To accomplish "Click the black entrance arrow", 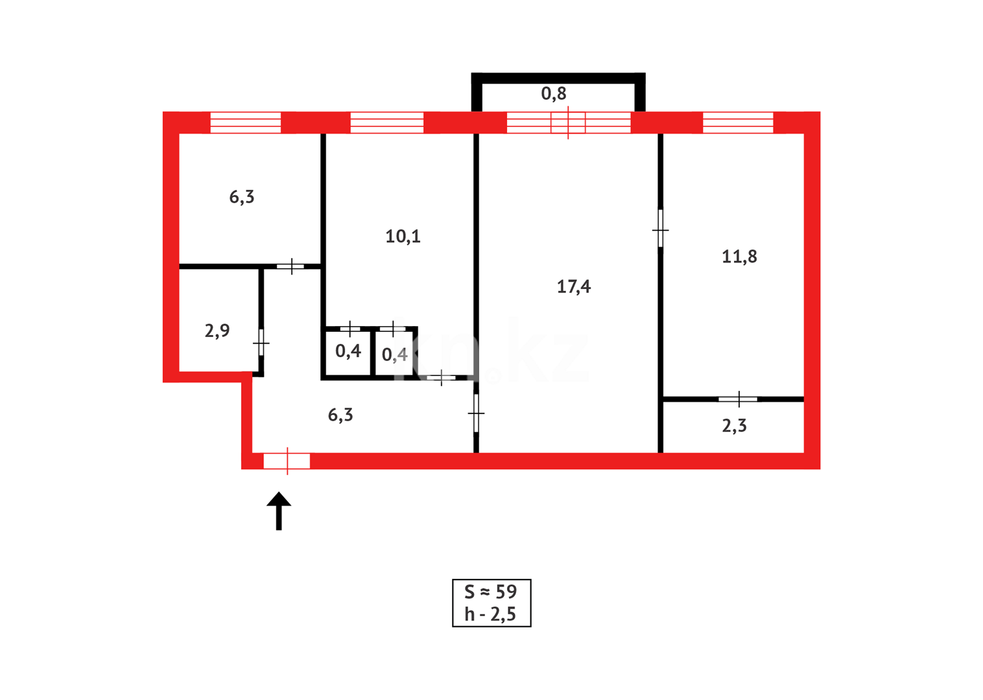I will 279,511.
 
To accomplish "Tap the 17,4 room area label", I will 573,286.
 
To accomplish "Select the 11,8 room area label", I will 739,257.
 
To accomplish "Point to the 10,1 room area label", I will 403,237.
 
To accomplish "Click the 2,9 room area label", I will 217,331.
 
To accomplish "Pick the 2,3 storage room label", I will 734,426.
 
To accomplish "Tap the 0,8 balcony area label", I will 554,94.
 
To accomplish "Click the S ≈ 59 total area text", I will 491,592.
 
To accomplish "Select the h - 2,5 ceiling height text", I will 491,614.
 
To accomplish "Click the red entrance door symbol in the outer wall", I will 287,461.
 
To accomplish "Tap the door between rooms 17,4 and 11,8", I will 660,229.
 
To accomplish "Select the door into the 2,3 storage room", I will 738,399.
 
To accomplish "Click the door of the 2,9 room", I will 261,342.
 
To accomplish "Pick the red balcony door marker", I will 568,122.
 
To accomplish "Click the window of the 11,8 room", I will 738,122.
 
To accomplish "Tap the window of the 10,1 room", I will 386,122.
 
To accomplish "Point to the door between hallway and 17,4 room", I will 476,413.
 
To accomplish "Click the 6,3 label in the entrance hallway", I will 340,415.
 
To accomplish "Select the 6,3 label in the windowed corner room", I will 242,197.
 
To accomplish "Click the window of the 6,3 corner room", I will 246,122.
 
